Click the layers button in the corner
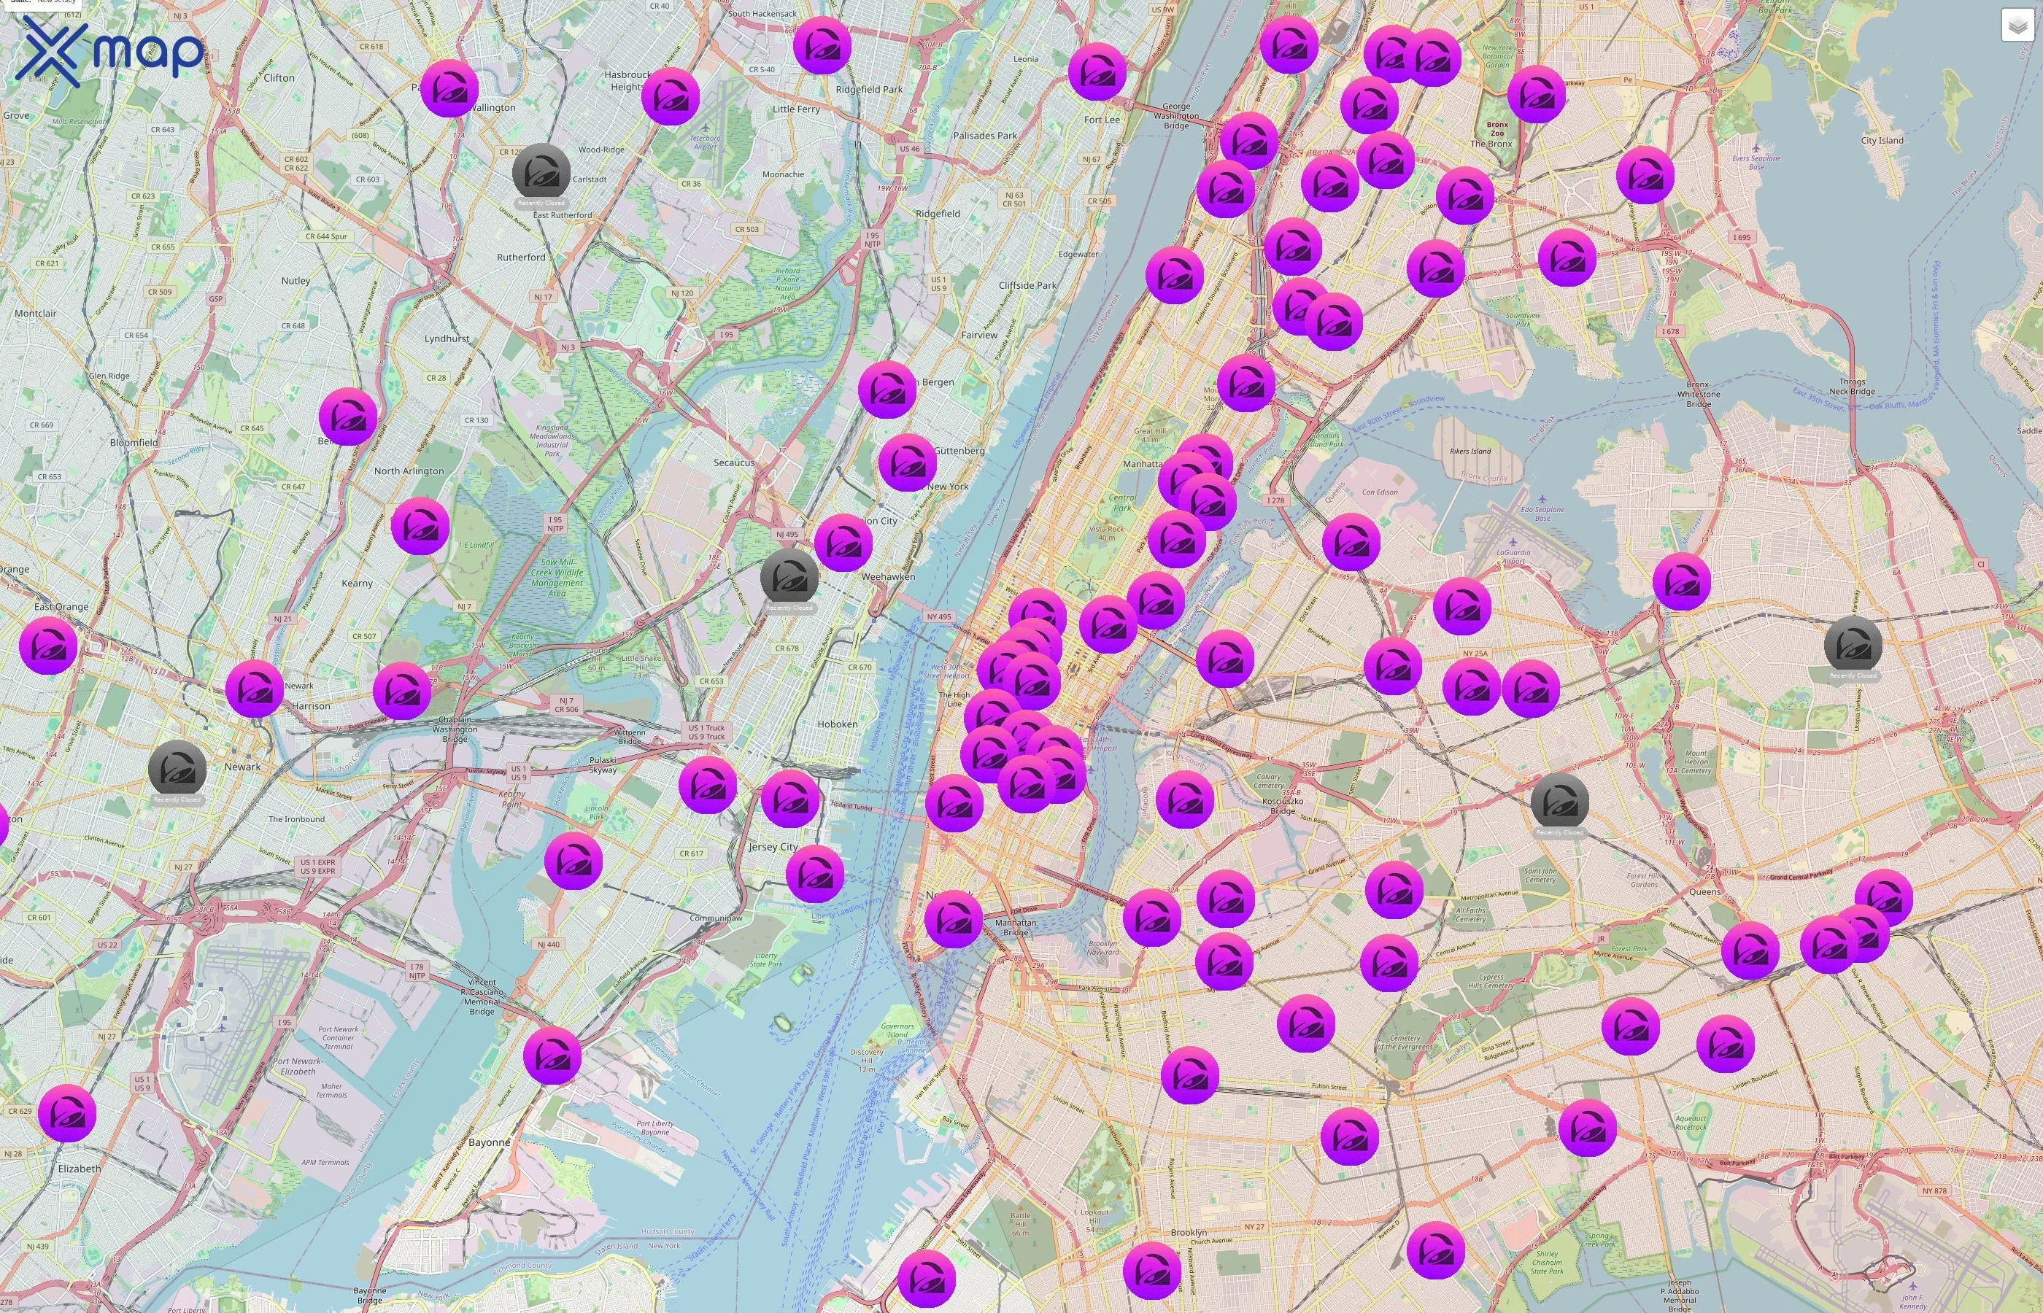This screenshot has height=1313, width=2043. coord(2017,26)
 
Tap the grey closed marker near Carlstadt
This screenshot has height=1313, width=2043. coord(541,173)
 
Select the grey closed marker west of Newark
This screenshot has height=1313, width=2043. coord(177,770)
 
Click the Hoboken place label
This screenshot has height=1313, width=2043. coord(838,724)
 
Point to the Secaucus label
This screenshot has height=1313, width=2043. coord(733,462)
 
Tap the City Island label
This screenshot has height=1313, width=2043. coord(1882,141)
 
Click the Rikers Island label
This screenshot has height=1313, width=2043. coord(1470,451)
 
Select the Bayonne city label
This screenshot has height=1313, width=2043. coord(490,1142)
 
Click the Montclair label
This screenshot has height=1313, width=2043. coord(35,314)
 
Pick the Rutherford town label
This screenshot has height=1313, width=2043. coord(521,257)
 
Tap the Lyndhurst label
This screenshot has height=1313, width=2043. coord(447,338)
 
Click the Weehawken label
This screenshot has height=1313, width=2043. coord(888,576)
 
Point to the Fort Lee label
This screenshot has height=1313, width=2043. coord(1102,120)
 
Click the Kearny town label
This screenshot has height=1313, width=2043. coord(356,583)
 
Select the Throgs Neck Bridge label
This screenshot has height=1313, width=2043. coord(1851,386)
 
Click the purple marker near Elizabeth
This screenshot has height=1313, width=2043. coord(67,1113)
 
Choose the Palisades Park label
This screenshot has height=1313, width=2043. coord(985,136)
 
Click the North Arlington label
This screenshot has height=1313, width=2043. coord(409,470)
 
